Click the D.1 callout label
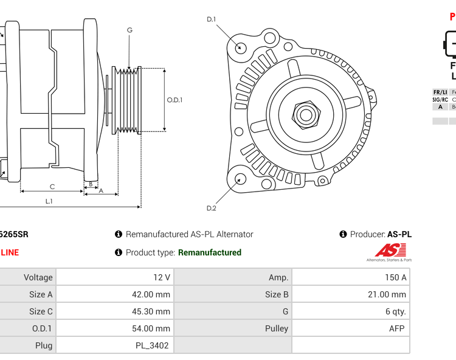(x=211, y=19)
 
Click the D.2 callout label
(x=211, y=209)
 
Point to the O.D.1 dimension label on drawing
(x=174, y=100)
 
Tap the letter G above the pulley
(x=130, y=30)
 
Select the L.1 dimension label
(x=49, y=201)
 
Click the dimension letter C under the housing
(x=52, y=187)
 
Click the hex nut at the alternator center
(x=306, y=114)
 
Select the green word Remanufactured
(x=209, y=252)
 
